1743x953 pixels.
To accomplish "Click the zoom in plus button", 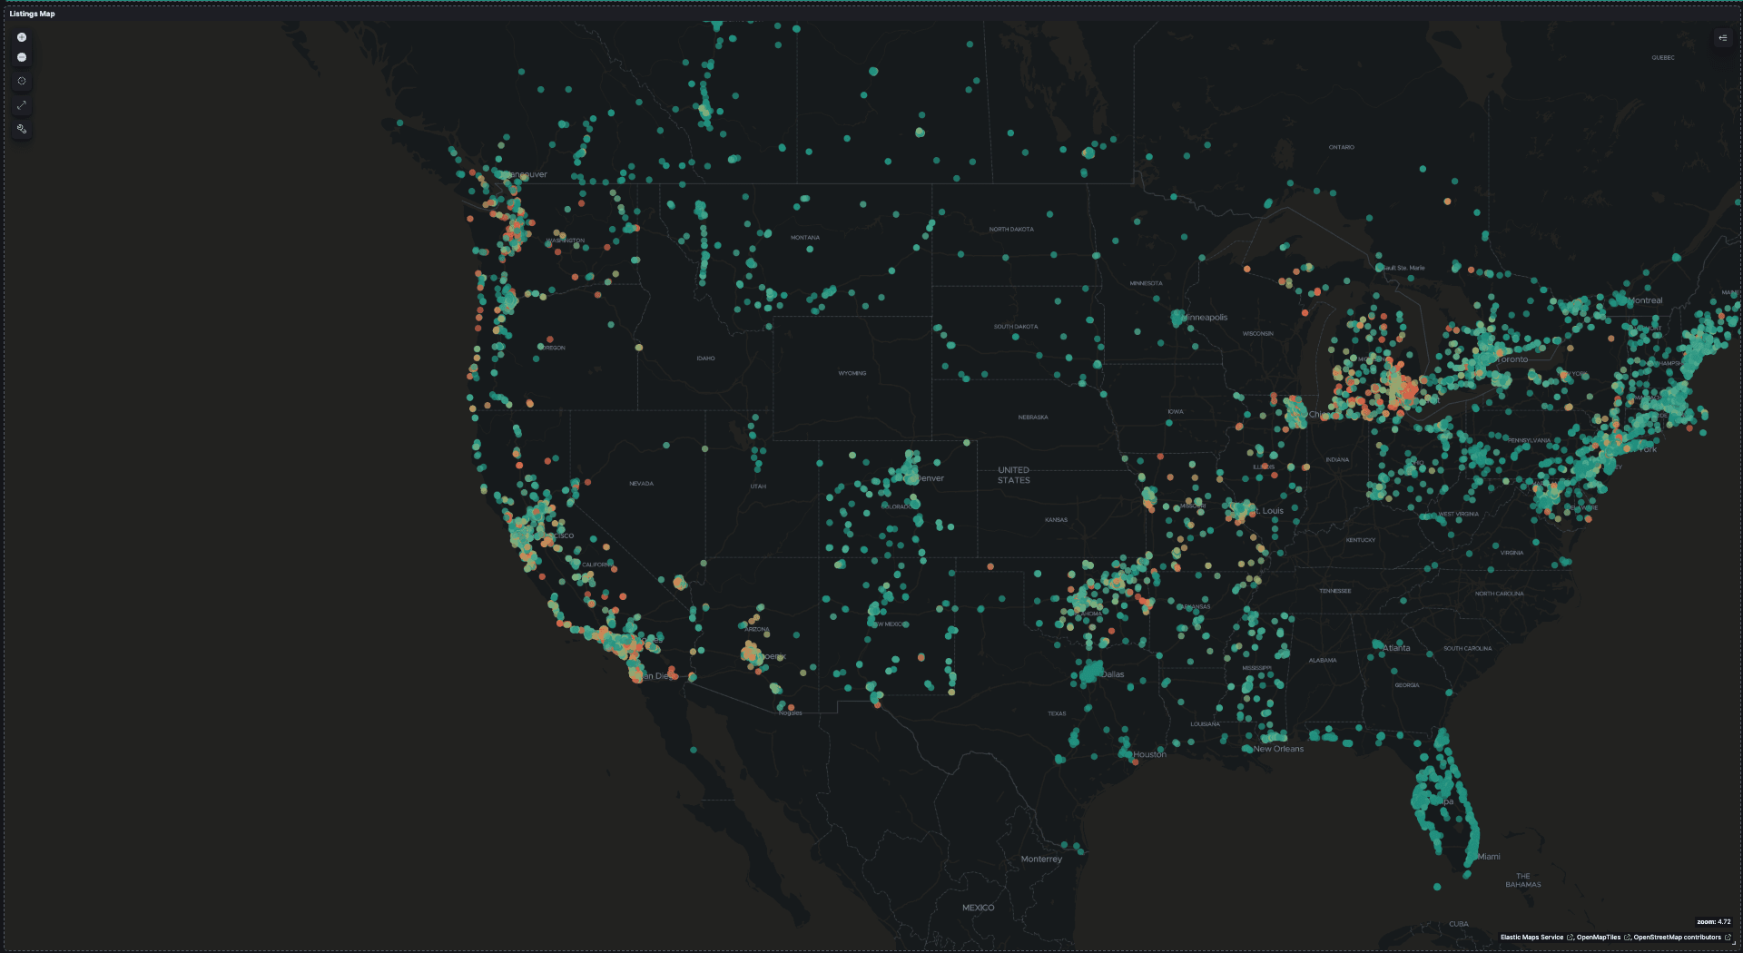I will [x=22, y=37].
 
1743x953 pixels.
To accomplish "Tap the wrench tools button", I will [x=22, y=129].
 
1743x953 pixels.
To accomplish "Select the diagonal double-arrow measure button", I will [x=22, y=105].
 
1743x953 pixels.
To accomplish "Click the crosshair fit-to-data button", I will [x=22, y=81].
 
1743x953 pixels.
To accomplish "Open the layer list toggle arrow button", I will [x=1722, y=38].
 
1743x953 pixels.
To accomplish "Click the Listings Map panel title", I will [x=32, y=14].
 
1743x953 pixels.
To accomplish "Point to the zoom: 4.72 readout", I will [x=1713, y=921].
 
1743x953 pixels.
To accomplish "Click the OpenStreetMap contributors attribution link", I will [x=1677, y=938].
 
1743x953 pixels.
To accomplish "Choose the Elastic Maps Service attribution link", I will [x=1531, y=938].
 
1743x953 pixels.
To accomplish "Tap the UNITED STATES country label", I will [x=1013, y=475].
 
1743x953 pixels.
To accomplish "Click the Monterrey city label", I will [x=1040, y=859].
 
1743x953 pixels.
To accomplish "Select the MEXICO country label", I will [x=978, y=908].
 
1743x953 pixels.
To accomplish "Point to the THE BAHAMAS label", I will [x=1522, y=880].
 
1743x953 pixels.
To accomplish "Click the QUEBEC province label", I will [x=1663, y=58].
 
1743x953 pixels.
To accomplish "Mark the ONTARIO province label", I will [x=1341, y=147].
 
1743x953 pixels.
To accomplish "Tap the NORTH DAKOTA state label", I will [x=1010, y=230].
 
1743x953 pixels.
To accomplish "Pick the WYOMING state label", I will [x=852, y=373].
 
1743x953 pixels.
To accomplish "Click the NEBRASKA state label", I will [x=1032, y=418].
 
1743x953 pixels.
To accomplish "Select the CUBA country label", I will [x=1458, y=924].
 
